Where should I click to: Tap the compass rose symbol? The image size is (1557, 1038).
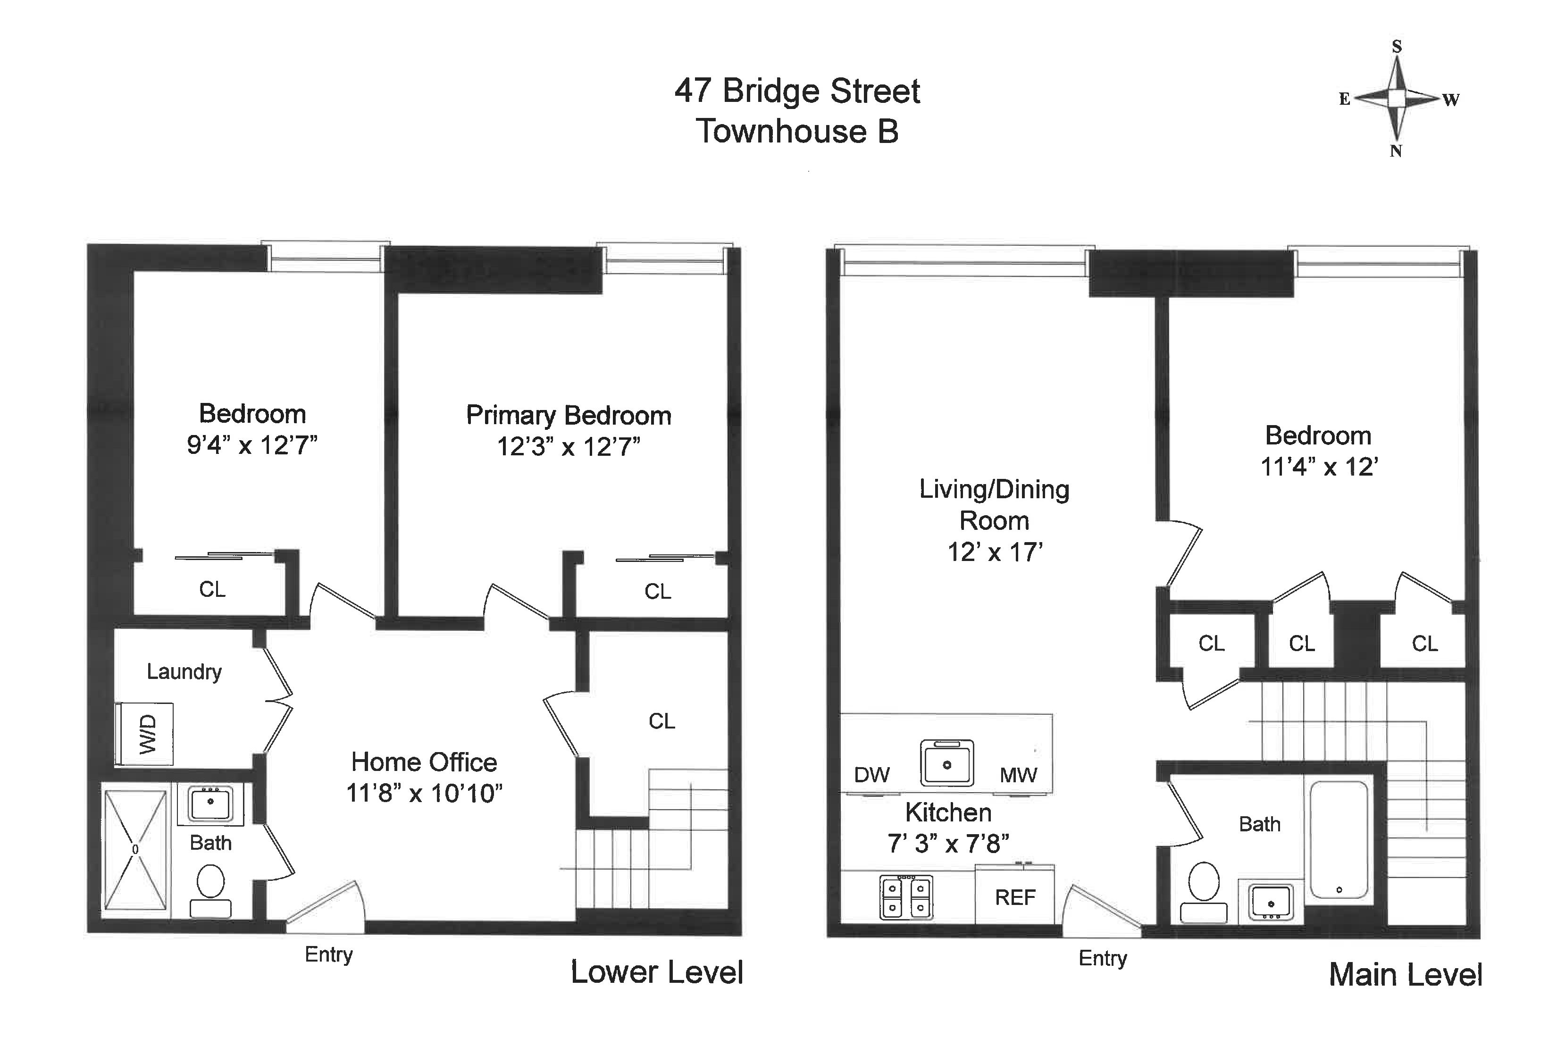point(1396,99)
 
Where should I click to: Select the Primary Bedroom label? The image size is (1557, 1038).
point(569,416)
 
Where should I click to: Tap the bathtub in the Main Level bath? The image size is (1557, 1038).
point(1339,839)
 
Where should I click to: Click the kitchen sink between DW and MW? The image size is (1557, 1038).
point(946,762)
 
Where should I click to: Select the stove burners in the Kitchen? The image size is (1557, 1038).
point(906,898)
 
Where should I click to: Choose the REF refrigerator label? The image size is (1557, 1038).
point(1015,898)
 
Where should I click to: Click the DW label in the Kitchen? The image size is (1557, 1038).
point(872,775)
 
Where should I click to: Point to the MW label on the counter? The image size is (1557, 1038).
point(1018,775)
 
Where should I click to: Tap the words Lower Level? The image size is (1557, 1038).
point(657,972)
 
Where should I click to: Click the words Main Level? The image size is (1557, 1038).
point(1406,975)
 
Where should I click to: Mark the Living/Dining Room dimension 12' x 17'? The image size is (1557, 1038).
point(995,552)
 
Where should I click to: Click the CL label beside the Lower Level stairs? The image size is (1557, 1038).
point(662,721)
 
